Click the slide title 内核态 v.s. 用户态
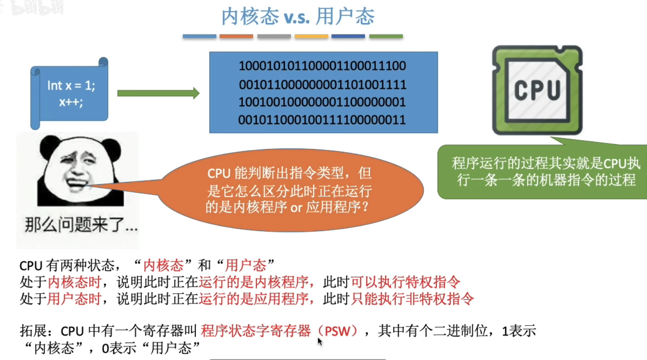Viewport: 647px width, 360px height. coord(298,17)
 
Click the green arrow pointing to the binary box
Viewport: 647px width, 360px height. coord(158,93)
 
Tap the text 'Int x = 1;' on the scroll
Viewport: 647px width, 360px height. coord(71,86)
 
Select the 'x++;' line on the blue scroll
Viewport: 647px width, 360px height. coord(71,101)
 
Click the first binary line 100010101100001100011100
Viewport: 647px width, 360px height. coord(322,66)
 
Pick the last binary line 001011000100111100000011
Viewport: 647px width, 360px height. coord(322,120)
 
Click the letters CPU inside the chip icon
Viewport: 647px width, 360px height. coord(537,90)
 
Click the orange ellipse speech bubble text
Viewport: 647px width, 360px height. coord(290,190)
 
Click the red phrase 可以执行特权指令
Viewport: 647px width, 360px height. coord(405,282)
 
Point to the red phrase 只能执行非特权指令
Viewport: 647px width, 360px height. coord(412,299)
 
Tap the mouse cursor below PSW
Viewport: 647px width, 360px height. coord(320,341)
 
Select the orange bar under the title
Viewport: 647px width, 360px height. coord(236,36)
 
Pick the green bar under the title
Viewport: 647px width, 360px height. coord(386,36)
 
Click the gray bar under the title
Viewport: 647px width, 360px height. coord(274,36)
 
